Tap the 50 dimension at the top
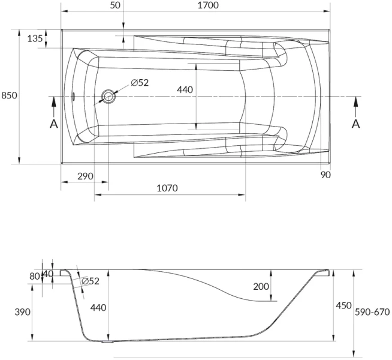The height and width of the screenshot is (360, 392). pos(116,5)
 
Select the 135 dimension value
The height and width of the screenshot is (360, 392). pos(35,38)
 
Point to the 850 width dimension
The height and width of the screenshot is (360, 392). pos(9,95)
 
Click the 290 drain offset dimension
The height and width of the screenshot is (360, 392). pos(86,176)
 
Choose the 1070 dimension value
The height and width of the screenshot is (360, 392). pos(167,188)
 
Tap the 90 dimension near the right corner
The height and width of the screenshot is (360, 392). pos(326,175)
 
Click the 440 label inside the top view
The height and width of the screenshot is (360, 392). pos(185,89)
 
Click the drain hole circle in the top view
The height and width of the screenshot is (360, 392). pos(108,96)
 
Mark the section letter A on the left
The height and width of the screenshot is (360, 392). pos(53,124)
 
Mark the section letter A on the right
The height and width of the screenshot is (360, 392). pos(355,124)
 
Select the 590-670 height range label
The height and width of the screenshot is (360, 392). pos(373,312)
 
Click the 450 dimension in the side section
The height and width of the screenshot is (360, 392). pos(343,306)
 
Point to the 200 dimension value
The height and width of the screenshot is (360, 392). pos(261,287)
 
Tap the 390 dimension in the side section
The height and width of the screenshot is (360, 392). pos(22,312)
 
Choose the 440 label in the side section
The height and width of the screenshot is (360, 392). pos(98,308)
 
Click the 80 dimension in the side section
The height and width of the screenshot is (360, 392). pos(34,277)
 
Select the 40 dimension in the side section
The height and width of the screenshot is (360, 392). pos(48,274)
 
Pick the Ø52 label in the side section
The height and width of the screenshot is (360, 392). pos(90,281)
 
